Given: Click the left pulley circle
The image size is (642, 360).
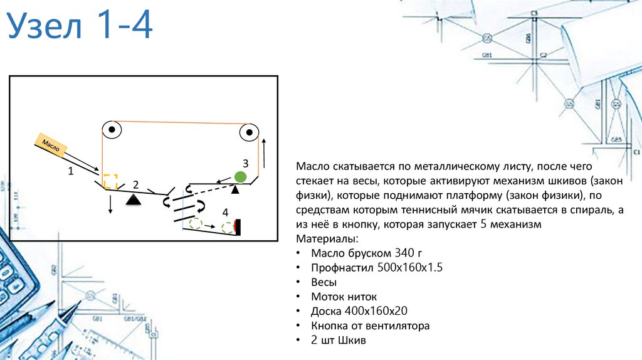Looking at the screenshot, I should point(112,130).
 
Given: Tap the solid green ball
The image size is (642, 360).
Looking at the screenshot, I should point(240,177).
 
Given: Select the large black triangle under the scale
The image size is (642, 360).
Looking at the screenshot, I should point(132,199).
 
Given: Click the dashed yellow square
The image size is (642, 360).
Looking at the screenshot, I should point(110,181).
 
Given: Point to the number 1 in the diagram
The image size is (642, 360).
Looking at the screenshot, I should point(70,170).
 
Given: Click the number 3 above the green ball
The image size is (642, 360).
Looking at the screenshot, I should point(245,162).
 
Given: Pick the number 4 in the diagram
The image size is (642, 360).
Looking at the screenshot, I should point(224,212).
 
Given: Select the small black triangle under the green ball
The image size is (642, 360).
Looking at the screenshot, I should point(236,189).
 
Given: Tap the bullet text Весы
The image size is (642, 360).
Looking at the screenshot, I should point(324,282).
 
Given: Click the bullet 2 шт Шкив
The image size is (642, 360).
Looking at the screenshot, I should point(338,340).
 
